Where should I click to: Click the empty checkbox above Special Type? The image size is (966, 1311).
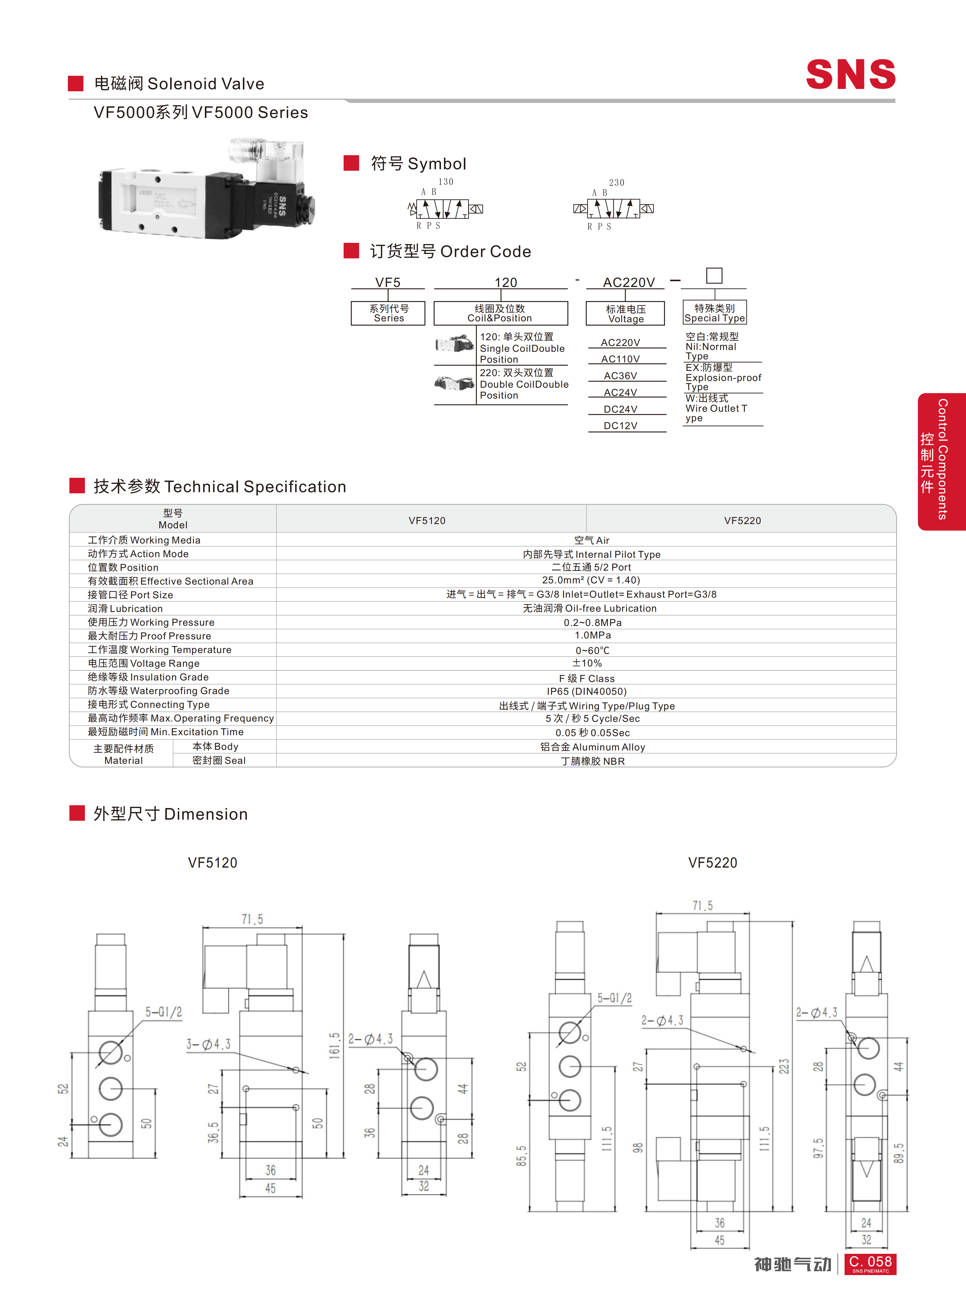[x=714, y=275]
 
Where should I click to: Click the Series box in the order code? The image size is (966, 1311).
[x=388, y=313]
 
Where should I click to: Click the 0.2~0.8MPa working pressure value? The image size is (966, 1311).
[x=592, y=622]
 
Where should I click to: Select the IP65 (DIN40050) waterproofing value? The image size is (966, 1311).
[x=586, y=691]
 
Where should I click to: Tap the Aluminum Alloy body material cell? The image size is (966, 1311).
[x=592, y=747]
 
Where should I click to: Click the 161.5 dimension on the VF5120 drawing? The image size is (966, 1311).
[x=334, y=1045]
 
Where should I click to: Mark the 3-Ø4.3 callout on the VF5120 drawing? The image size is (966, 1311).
[x=208, y=1044]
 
